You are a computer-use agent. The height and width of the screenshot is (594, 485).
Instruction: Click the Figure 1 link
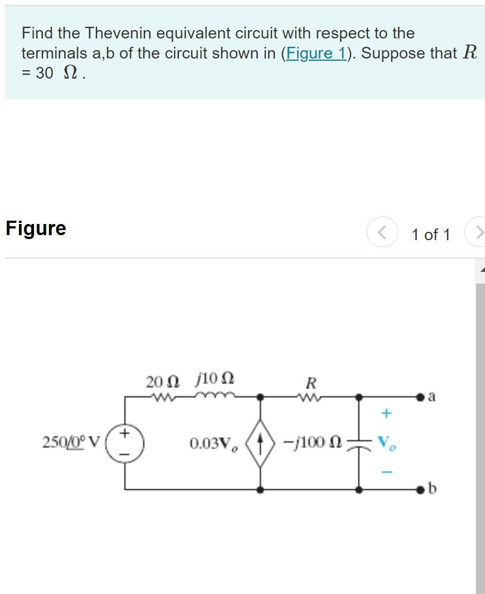click(x=315, y=53)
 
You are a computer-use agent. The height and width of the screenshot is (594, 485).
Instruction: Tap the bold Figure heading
click(x=36, y=228)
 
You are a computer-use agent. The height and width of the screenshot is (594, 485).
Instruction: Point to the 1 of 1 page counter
click(x=430, y=235)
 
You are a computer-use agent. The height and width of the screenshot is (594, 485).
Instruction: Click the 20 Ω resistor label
click(x=163, y=382)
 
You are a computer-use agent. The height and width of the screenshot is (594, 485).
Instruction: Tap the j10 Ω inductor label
click(x=215, y=382)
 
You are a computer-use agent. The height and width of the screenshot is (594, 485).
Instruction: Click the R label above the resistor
click(x=311, y=383)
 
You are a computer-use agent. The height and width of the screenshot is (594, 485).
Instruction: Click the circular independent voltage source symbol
click(x=125, y=444)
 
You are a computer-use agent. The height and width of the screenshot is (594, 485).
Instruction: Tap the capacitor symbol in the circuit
click(x=360, y=444)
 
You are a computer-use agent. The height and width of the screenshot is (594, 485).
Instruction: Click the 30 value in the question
click(x=44, y=74)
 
